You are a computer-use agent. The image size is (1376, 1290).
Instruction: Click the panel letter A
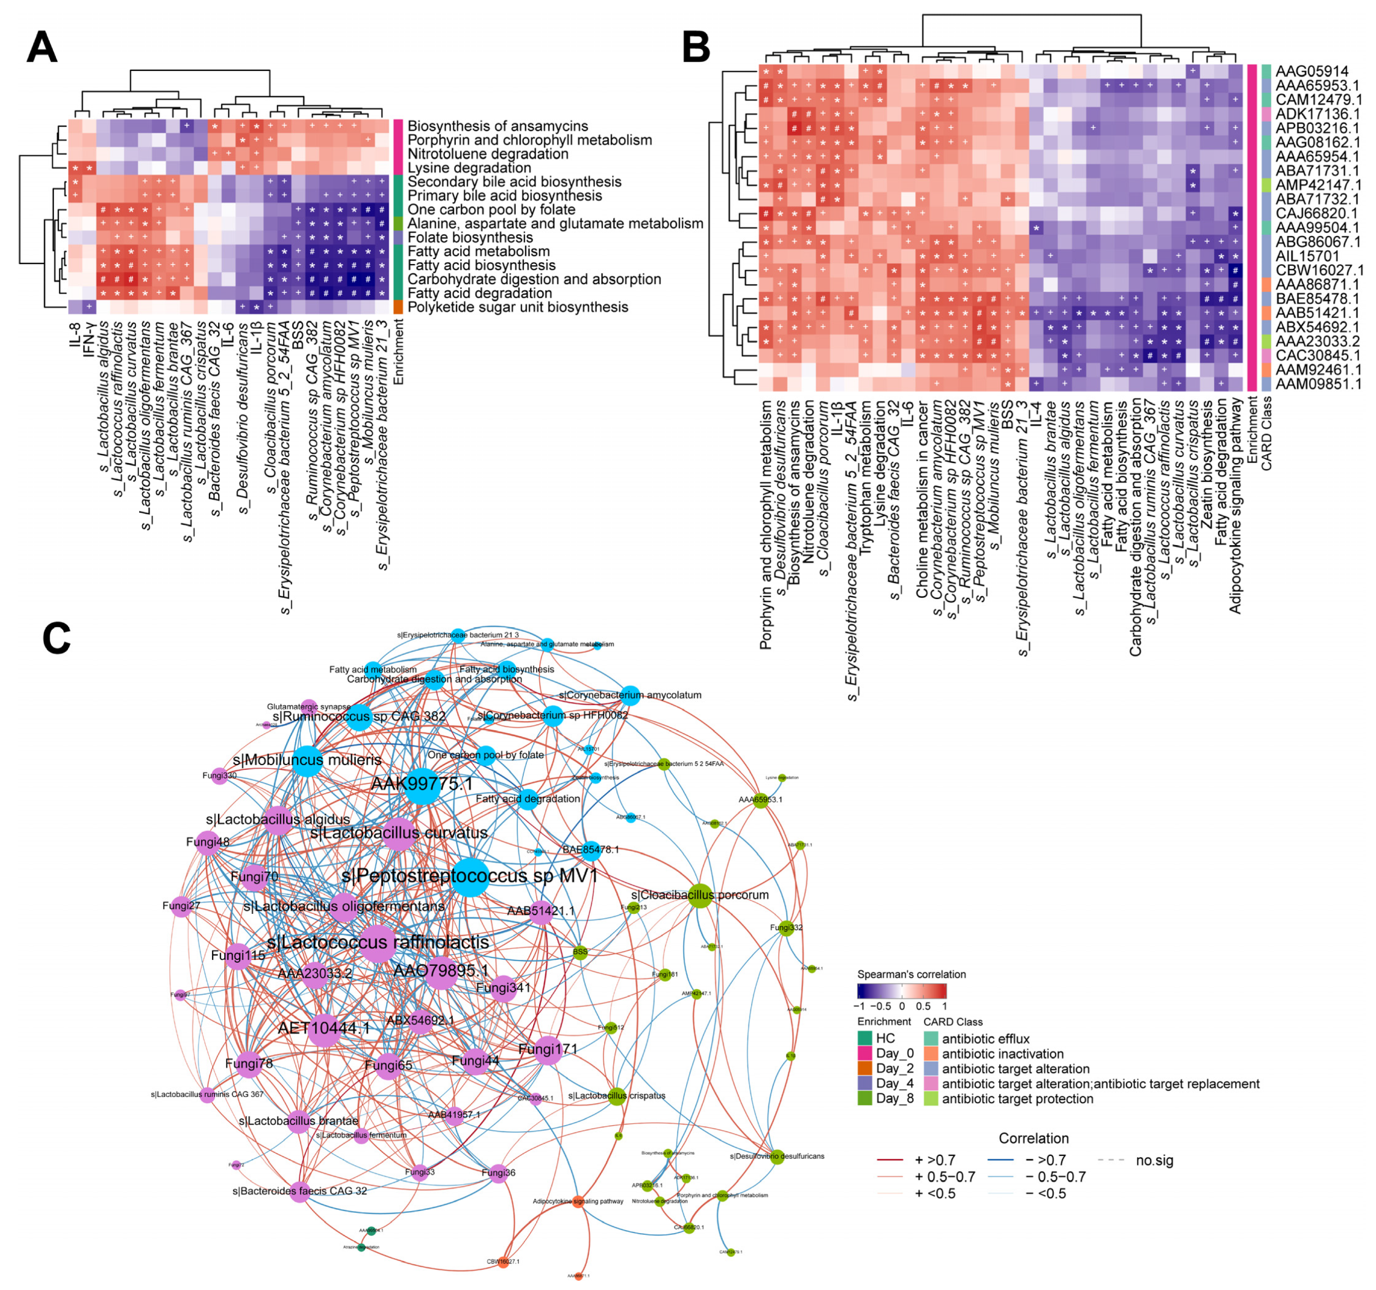point(42,48)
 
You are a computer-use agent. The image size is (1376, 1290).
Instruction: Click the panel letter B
point(697,48)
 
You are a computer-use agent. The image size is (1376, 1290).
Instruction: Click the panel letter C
point(57,638)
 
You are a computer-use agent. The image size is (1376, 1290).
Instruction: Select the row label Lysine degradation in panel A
point(469,168)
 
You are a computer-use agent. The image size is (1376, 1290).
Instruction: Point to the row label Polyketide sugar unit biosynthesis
point(518,307)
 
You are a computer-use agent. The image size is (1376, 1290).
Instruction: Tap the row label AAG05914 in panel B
point(1312,71)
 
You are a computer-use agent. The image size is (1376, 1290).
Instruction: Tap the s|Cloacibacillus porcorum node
point(700,896)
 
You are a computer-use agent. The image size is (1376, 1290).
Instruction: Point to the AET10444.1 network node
point(323,1028)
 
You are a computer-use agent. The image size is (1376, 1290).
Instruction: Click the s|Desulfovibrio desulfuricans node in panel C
point(777,1156)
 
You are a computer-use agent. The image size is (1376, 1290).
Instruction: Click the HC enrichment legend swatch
point(864,1038)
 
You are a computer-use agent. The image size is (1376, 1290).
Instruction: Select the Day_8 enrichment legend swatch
point(864,1098)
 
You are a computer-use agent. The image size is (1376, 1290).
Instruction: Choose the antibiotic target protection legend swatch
point(931,1099)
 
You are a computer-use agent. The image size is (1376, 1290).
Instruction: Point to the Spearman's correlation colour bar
point(901,991)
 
